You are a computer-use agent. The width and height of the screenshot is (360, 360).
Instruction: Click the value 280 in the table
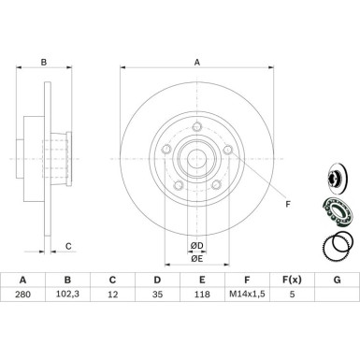[x=22, y=295]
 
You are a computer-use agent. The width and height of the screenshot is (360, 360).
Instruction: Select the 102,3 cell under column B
[x=67, y=295]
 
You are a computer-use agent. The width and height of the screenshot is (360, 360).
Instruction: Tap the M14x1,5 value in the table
[x=247, y=294]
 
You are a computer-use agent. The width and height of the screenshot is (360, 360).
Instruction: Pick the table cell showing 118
[x=202, y=295]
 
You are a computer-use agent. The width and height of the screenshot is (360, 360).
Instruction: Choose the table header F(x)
[x=292, y=280]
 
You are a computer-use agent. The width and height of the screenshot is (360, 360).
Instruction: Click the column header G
[x=337, y=280]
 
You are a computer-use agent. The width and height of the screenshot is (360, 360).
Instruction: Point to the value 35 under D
[x=157, y=295]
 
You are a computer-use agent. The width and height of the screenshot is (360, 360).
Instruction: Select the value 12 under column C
[x=112, y=295]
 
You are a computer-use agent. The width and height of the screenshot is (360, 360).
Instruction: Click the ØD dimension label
[x=196, y=246]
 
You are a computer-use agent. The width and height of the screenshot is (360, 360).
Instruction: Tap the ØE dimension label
[x=196, y=258]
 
